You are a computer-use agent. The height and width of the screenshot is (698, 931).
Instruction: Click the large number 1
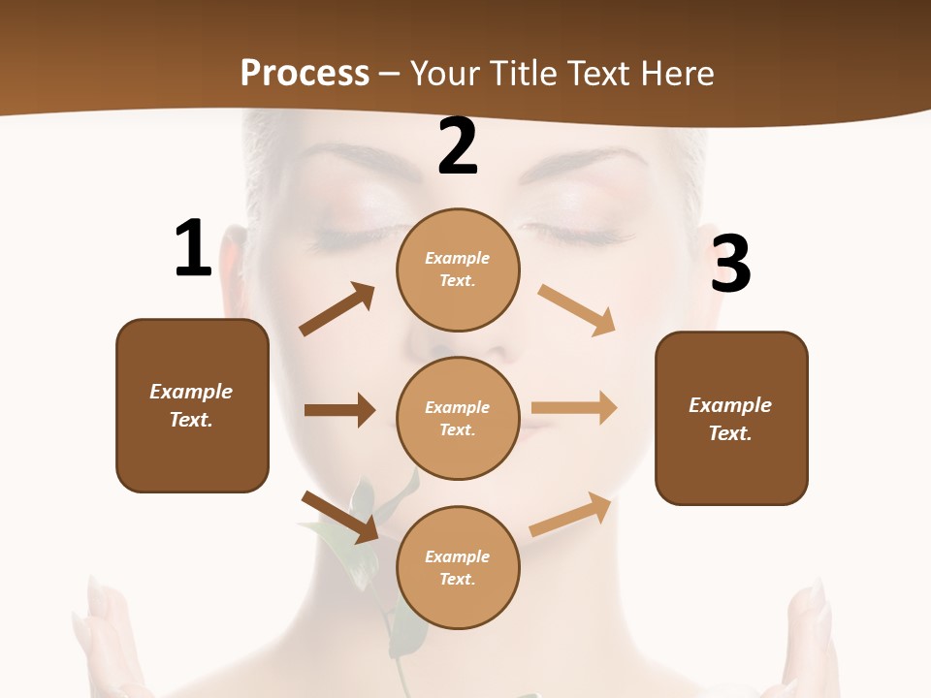tap(193, 248)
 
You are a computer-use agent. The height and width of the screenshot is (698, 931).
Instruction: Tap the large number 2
tap(458, 146)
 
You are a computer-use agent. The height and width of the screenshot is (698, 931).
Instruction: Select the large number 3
tap(730, 263)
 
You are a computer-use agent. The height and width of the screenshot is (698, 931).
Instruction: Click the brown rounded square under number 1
tap(192, 405)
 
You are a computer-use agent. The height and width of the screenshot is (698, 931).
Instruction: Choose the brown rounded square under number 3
tap(731, 418)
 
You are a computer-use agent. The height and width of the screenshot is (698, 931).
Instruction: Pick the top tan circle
tap(458, 269)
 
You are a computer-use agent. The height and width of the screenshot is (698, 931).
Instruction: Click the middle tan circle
tap(458, 418)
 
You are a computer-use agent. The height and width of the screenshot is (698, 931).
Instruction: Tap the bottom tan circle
tap(458, 567)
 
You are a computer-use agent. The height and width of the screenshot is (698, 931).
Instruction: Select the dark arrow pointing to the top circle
tap(337, 309)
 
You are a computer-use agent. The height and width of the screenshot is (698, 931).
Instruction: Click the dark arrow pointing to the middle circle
tap(339, 410)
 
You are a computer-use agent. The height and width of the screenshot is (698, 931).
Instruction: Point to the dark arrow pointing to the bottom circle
tap(339, 517)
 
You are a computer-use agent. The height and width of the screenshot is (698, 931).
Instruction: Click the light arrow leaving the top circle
tap(577, 309)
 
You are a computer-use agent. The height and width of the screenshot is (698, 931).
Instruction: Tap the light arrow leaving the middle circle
tap(574, 408)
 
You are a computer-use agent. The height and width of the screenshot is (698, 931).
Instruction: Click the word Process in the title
tap(305, 73)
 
